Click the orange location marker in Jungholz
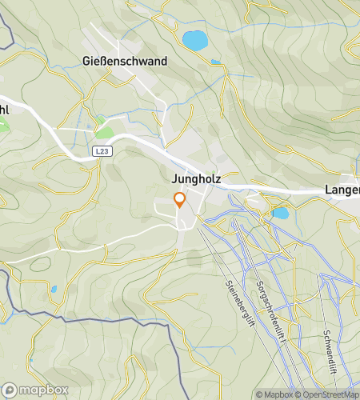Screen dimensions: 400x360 coord(180,200)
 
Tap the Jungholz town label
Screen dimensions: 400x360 coord(195,180)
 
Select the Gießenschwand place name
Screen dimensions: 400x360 coord(125,61)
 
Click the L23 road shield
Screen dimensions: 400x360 coord(101,150)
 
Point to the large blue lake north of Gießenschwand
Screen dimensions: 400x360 coord(194,39)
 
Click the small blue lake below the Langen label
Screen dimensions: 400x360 coord(280,214)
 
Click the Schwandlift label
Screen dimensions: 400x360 coord(326,333)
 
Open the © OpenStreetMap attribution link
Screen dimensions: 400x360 coord(328,394)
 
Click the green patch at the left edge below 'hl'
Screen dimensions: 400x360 coord(2,126)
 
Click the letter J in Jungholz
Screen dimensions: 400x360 coord(174,180)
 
